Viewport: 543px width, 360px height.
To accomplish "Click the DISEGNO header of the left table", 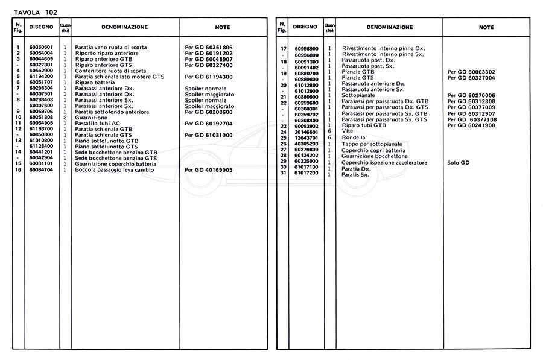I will (42, 27).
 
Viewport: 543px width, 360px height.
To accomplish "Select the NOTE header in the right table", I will (486, 27).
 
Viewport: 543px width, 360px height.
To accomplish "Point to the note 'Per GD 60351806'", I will (209, 47).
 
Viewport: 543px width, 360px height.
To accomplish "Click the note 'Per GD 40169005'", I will (209, 170).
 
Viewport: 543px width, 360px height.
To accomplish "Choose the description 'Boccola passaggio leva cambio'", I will (114, 170).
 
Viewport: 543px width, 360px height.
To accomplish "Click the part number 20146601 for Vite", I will (307, 131).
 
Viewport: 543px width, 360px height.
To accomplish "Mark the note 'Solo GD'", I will (458, 163).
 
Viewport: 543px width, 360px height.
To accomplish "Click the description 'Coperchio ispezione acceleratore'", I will (384, 163).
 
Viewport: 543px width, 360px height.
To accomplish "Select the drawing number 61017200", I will (307, 174).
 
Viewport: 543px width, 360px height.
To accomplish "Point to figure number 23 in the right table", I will (283, 125).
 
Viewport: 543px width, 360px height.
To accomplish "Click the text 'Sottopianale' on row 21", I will (358, 95).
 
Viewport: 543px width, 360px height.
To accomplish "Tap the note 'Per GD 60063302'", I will (471, 72).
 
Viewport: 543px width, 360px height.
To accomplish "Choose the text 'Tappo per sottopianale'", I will (370, 144).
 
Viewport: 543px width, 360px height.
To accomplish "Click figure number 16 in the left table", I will (19, 170).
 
